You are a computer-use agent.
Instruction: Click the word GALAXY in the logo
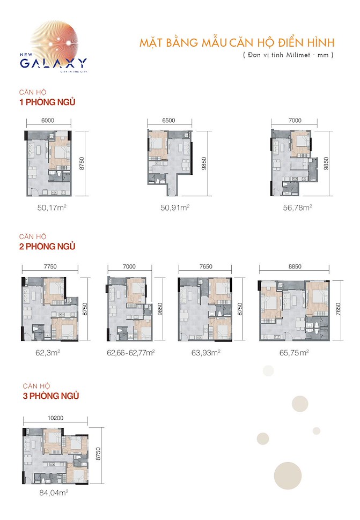coord(54,63)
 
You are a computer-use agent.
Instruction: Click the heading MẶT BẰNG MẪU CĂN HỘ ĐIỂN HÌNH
coord(237,42)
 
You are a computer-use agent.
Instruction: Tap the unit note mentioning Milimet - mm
coord(288,55)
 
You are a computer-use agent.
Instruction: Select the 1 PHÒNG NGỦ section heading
coord(47,102)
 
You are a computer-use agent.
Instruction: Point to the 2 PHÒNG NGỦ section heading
coord(47,247)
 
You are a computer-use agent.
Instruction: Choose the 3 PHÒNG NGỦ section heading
coord(51,396)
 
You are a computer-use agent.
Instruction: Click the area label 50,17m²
coord(52,207)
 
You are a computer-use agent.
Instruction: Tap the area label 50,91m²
coord(175,207)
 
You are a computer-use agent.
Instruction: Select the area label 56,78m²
coord(297,207)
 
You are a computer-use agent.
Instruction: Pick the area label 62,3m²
coord(48,353)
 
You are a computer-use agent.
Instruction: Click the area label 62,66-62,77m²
coord(131,353)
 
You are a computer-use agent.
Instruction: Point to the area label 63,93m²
coord(205,353)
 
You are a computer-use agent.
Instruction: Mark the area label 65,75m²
coord(294,353)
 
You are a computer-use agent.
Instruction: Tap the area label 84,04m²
coord(54,493)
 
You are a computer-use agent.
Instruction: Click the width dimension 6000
coord(48,121)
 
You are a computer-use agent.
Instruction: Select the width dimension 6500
coord(168,121)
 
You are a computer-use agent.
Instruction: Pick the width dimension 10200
coord(55,418)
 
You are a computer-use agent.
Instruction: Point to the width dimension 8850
coord(295,266)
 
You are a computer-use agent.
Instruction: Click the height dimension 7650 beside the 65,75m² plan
coord(338,309)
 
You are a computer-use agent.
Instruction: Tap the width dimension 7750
coord(50,266)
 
